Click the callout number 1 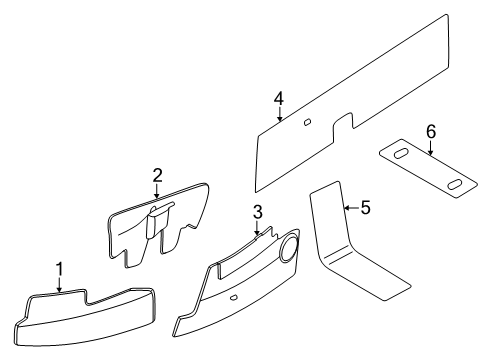(60, 269)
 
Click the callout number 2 (157, 175)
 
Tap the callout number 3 (257, 212)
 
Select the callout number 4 (279, 99)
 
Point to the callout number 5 (366, 208)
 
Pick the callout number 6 (431, 132)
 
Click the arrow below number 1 (59, 285)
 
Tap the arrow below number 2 (157, 191)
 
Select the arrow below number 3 (257, 228)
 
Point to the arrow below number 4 (280, 114)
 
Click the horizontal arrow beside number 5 (352, 208)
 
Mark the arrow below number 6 (431, 148)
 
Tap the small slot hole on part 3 (234, 297)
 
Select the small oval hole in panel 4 (307, 122)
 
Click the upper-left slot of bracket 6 (401, 154)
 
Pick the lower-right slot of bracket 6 (455, 184)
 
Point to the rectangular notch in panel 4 (343, 126)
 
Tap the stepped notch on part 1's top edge (86, 297)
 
